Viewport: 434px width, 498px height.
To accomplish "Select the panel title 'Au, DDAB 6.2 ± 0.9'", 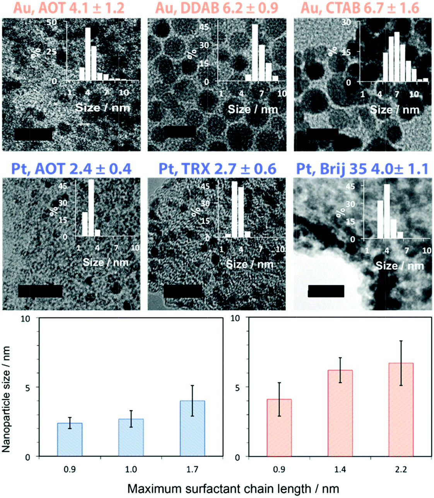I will tap(217, 8).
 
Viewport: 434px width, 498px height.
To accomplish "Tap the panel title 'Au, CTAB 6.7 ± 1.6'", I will tap(360, 8).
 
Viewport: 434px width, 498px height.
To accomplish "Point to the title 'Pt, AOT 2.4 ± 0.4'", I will tap(71, 169).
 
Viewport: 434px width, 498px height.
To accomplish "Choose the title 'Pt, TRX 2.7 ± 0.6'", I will tap(217, 169).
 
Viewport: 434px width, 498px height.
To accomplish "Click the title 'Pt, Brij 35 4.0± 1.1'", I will tap(362, 169).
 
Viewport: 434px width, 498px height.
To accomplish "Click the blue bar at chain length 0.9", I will tap(70, 440).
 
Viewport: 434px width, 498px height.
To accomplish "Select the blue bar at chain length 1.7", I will tap(192, 429).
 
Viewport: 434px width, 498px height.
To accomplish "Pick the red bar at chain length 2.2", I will tap(401, 410).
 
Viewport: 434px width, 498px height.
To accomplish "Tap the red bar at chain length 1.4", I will tap(340, 413).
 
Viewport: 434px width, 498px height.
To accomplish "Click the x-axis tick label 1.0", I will tap(131, 469).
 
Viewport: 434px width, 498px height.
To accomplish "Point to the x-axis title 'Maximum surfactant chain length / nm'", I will tap(233, 489).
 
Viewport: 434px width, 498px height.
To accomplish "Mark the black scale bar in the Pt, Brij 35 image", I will tap(326, 291).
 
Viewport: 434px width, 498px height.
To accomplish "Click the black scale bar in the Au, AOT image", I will tap(33, 134).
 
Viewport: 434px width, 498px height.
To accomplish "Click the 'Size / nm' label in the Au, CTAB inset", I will tap(395, 110).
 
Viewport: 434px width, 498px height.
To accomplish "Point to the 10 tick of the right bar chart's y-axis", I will tap(235, 318).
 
